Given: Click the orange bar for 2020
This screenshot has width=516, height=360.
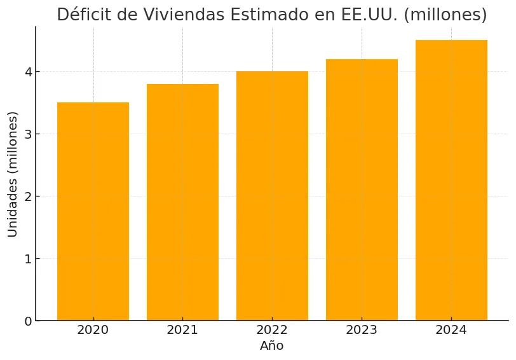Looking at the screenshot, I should (x=93, y=211).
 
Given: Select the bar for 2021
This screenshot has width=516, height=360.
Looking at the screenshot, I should (x=182, y=202).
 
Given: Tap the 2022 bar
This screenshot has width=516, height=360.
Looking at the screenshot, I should (x=272, y=196).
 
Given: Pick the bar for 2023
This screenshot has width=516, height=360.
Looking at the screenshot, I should (x=362, y=190).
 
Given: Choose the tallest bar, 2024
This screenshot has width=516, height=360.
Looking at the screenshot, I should (x=451, y=180).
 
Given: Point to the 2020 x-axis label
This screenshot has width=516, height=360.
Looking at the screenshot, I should (x=93, y=330).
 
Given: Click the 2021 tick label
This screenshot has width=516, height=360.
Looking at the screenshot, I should (x=182, y=330).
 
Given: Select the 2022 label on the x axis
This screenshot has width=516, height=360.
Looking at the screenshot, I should (x=272, y=330).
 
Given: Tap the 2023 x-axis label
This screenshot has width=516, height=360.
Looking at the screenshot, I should (x=362, y=330).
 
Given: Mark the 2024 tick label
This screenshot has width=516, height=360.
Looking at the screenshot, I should (x=451, y=330).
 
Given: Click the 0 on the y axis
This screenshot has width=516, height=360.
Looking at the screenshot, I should (x=28, y=321).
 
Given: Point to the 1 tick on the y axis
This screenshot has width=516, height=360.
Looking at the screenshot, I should (x=28, y=259).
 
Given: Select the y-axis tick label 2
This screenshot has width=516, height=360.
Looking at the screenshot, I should (x=28, y=197).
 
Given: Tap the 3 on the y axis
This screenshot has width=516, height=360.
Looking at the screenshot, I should (x=28, y=134).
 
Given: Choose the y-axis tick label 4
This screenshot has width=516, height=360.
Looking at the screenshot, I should (x=28, y=72).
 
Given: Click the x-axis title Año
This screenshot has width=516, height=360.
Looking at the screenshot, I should (x=272, y=346).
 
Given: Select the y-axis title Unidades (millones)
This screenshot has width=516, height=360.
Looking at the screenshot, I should (x=13, y=174).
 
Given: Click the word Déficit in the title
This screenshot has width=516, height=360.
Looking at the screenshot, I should (x=83, y=15).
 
